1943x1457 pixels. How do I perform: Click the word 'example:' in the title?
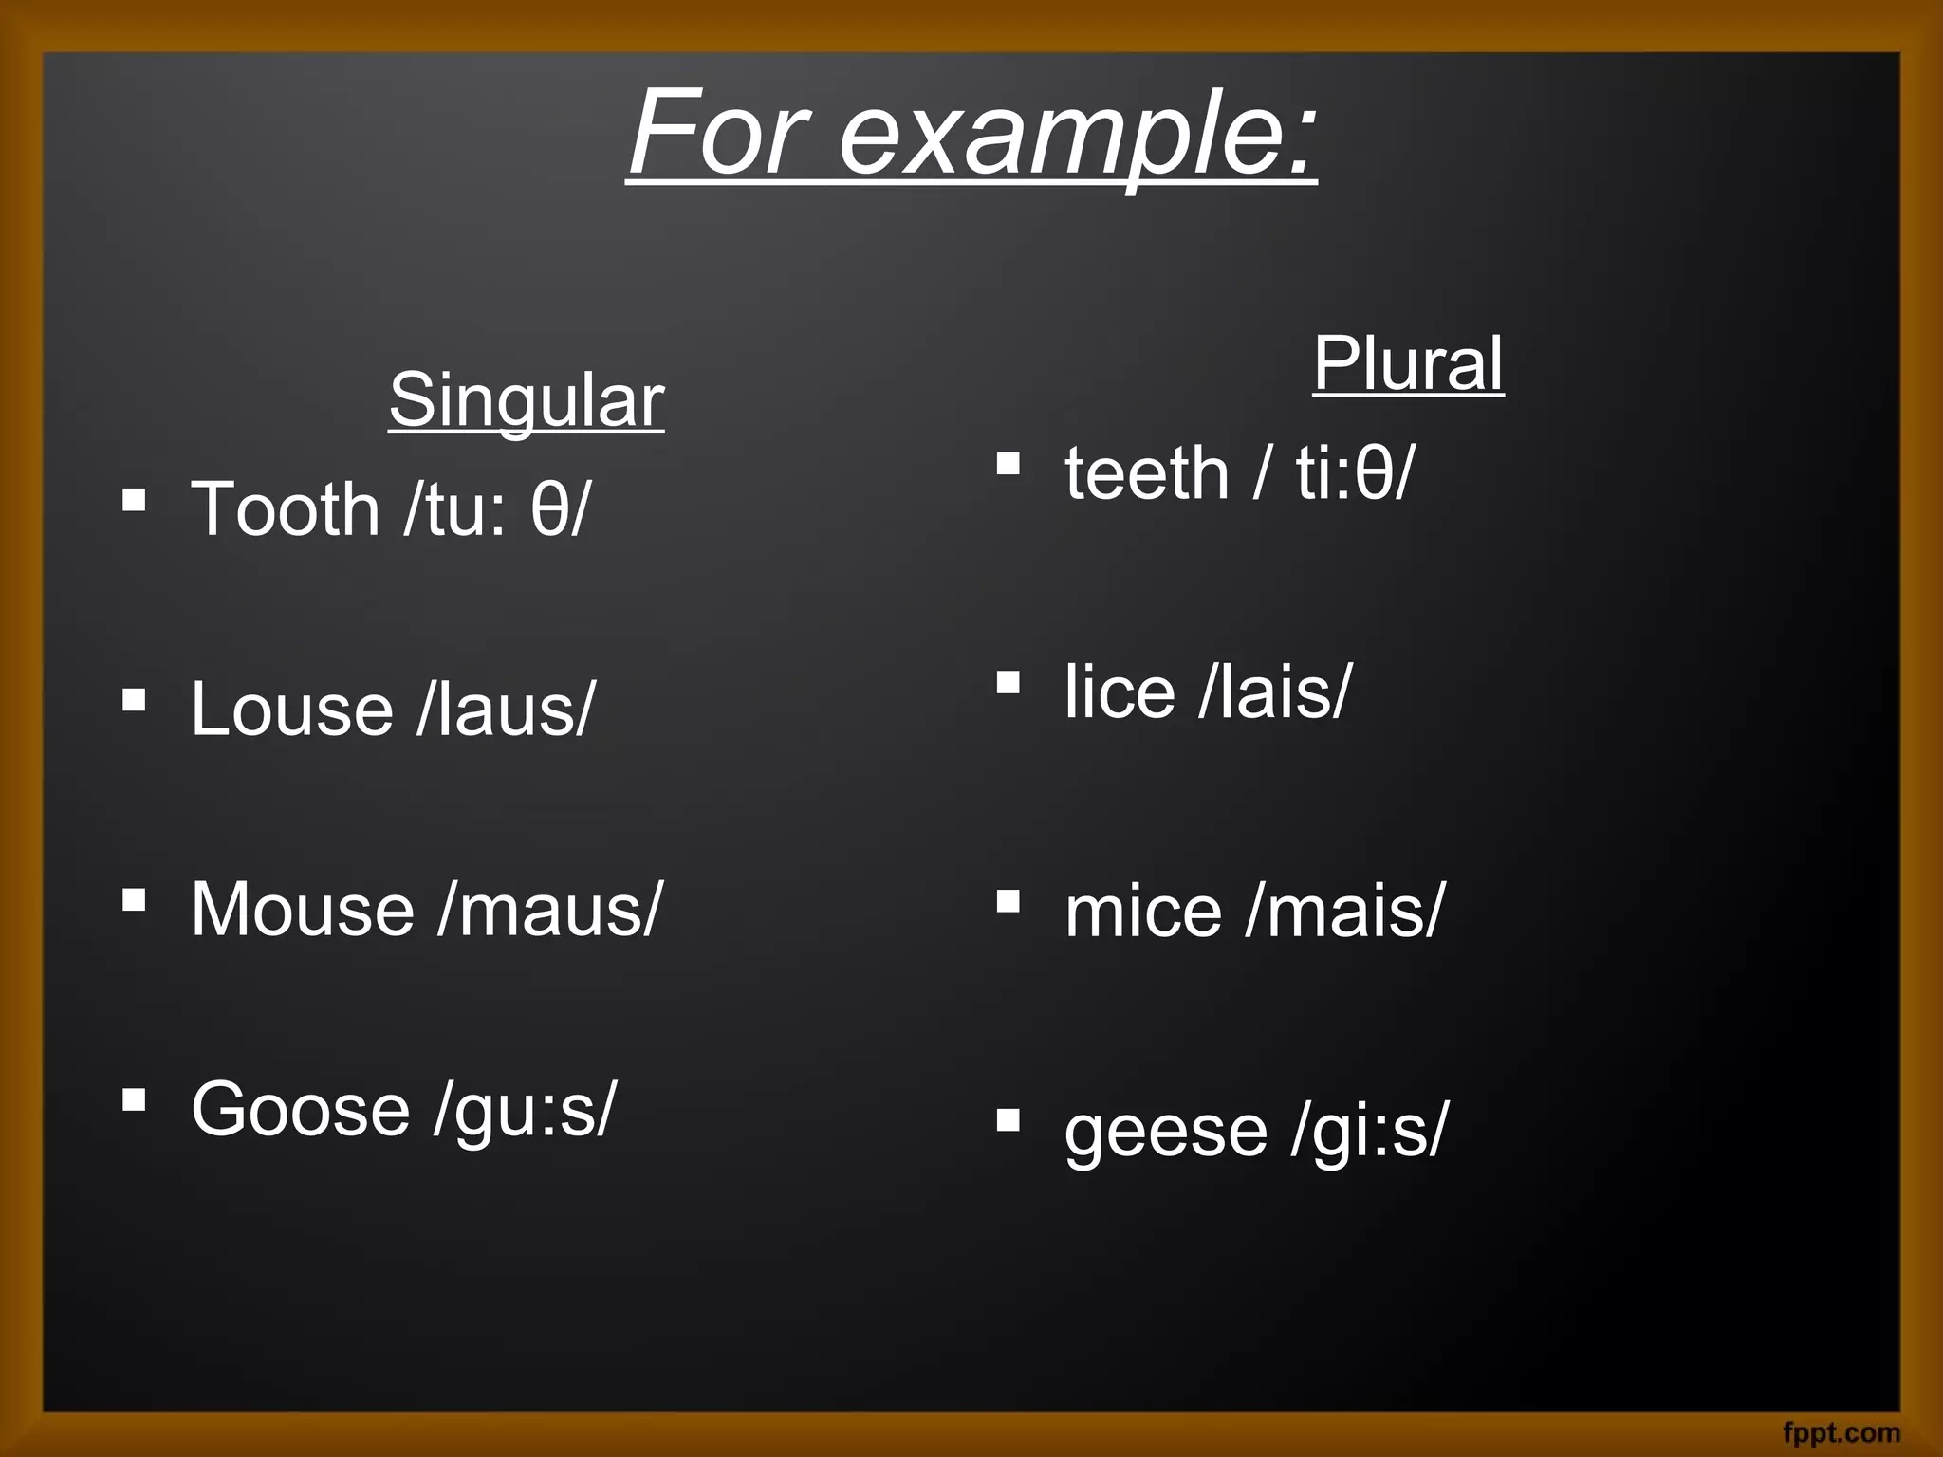(x=1078, y=135)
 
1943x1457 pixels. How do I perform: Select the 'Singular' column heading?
(x=527, y=400)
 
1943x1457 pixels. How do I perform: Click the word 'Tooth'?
(x=286, y=509)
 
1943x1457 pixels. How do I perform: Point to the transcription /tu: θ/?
(x=496, y=509)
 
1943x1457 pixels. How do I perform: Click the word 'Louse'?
(x=292, y=710)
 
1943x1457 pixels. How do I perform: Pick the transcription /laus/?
(x=506, y=710)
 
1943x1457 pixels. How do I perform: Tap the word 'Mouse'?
(x=303, y=910)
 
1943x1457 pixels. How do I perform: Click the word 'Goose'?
(x=300, y=1110)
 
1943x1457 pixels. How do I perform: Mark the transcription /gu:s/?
(x=525, y=1110)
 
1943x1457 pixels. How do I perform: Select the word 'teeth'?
(x=1146, y=473)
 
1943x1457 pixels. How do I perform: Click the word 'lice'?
(x=1120, y=692)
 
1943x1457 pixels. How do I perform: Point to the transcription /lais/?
(x=1274, y=692)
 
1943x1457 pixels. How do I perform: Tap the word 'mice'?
(x=1143, y=912)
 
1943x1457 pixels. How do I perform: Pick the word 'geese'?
(x=1166, y=1131)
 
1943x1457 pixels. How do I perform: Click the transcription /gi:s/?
(x=1369, y=1131)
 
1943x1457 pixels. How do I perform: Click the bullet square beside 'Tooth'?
(x=134, y=499)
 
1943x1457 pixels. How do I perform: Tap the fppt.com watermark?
(x=1841, y=1432)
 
